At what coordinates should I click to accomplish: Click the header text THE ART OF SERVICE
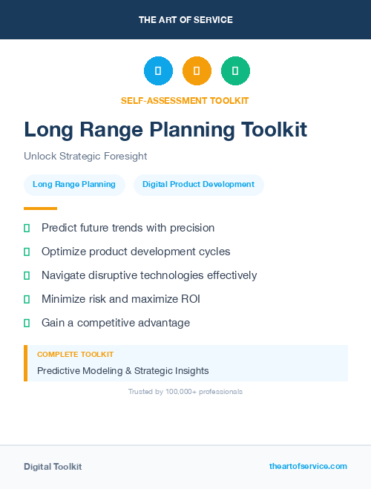(x=185, y=20)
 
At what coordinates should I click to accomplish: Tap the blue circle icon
(x=158, y=71)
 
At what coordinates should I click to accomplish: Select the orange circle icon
(x=197, y=71)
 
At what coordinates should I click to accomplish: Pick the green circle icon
(x=235, y=71)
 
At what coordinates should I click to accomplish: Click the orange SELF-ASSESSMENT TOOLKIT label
(x=185, y=100)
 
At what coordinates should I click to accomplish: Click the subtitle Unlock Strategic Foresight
(x=85, y=157)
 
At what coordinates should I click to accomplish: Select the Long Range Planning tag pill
(x=74, y=185)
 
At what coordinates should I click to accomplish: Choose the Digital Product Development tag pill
(x=198, y=185)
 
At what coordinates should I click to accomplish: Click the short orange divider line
(x=40, y=209)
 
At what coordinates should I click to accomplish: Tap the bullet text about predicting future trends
(x=128, y=228)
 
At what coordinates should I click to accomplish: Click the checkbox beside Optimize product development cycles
(x=27, y=252)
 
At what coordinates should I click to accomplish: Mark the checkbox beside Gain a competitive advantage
(x=27, y=323)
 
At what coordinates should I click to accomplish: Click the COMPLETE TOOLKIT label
(x=75, y=355)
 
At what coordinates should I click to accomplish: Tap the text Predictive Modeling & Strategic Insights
(x=123, y=370)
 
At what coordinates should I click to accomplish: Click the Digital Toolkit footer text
(x=53, y=467)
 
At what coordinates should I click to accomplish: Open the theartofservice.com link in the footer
(x=308, y=466)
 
